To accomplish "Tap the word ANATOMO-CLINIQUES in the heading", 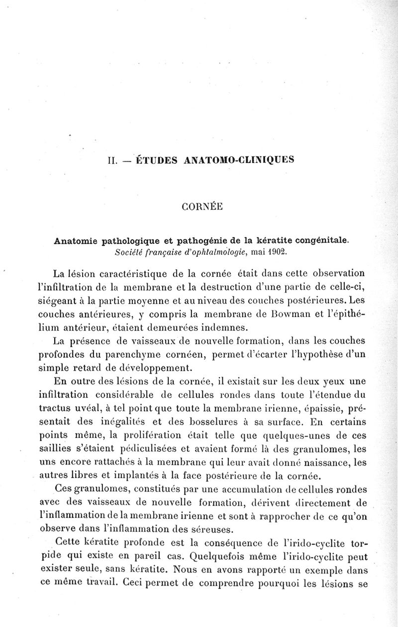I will [233, 160].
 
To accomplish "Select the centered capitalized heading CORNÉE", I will [199, 209].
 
